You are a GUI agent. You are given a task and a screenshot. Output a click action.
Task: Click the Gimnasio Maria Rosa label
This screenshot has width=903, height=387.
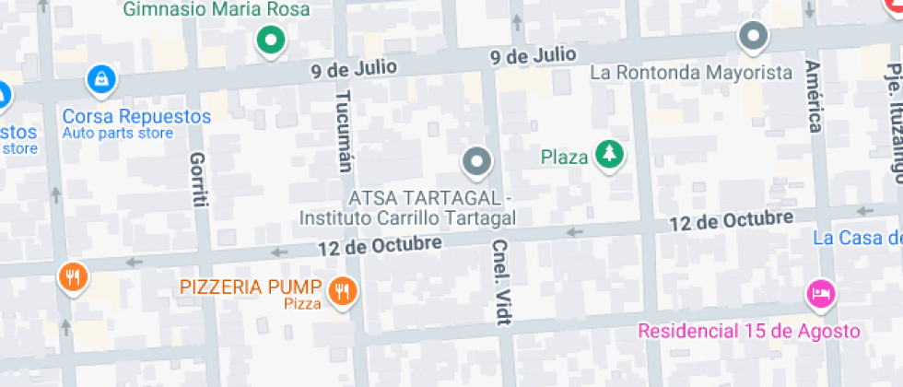pos(216,10)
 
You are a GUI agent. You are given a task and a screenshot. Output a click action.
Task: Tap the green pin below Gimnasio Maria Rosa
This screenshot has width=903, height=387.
pos(270,41)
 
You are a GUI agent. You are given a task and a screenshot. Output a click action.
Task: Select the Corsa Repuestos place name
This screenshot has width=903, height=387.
pos(136,117)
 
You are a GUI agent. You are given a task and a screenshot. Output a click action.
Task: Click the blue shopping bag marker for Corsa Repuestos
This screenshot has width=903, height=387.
pos(100,80)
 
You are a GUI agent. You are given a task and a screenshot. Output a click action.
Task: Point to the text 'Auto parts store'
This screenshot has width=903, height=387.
pos(117,134)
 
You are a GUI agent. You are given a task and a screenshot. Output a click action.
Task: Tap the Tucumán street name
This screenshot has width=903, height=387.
pos(345,132)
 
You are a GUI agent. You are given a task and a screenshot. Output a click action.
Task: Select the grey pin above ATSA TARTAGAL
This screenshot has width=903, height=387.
pos(476,163)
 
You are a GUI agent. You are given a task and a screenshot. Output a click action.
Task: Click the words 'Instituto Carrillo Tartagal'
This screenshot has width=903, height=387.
pos(406,217)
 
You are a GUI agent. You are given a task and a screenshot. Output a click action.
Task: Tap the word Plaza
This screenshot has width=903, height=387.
pos(564,158)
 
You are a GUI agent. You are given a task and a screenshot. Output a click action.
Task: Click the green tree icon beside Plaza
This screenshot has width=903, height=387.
pos(608,155)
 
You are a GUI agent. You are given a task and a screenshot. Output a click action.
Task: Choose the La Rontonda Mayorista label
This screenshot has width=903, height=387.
pos(691,72)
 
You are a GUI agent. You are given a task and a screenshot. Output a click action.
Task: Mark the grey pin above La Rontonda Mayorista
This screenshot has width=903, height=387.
pos(755,37)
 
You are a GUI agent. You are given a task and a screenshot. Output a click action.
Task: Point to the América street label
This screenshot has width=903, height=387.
pos(814,97)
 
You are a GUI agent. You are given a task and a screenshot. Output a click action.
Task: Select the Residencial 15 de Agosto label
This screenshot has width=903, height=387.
pos(749,331)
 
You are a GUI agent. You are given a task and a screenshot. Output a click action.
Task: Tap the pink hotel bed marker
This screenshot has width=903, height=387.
pos(820,294)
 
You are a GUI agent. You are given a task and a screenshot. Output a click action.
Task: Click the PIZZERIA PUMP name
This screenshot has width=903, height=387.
pos(251,287)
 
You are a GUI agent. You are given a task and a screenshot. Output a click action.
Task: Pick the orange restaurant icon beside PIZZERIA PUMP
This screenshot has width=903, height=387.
pos(345,292)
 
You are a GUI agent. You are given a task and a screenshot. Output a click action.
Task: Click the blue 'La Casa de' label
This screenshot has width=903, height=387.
pos(857,239)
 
